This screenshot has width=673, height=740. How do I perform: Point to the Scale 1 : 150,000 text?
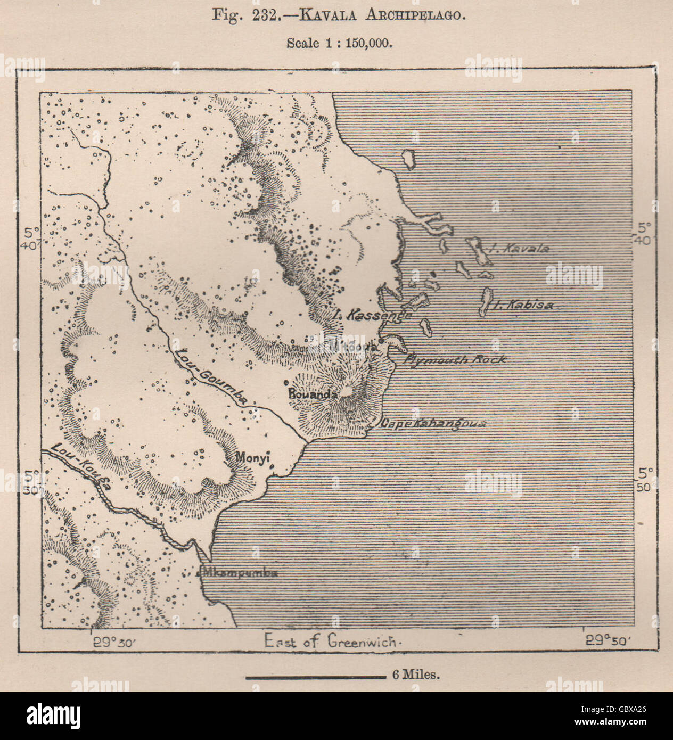click(x=339, y=43)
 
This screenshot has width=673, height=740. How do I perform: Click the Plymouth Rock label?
click(x=455, y=359)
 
